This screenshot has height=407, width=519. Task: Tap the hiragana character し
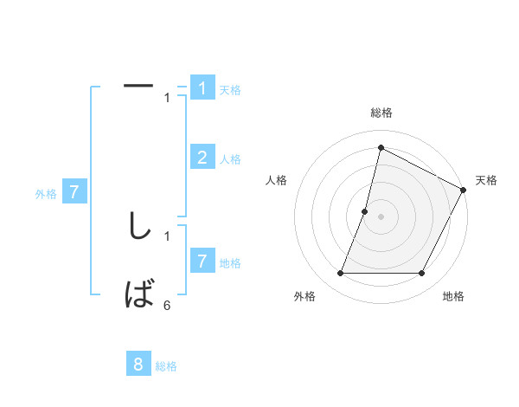click(x=138, y=225)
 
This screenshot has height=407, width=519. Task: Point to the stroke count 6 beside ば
click(x=167, y=305)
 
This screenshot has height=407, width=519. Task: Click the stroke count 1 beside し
click(x=167, y=235)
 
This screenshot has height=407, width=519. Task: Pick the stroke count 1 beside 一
click(x=167, y=97)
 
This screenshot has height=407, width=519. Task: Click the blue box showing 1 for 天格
click(x=202, y=87)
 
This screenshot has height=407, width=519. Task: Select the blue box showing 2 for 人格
click(x=202, y=157)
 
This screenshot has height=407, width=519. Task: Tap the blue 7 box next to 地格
click(x=202, y=261)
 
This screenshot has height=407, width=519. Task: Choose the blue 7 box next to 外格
click(x=74, y=192)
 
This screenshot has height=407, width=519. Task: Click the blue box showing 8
click(x=138, y=365)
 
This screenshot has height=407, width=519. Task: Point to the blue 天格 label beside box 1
click(x=229, y=89)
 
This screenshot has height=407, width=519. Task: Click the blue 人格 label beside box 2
click(x=229, y=159)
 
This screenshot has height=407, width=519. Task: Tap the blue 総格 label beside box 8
click(x=166, y=366)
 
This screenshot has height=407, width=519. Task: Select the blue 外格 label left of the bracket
click(x=46, y=194)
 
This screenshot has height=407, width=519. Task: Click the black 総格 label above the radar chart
click(x=381, y=113)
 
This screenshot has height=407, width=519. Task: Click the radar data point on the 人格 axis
click(x=365, y=211)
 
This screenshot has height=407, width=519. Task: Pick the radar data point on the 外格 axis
click(x=341, y=273)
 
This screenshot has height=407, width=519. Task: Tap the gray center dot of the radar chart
click(x=381, y=216)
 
